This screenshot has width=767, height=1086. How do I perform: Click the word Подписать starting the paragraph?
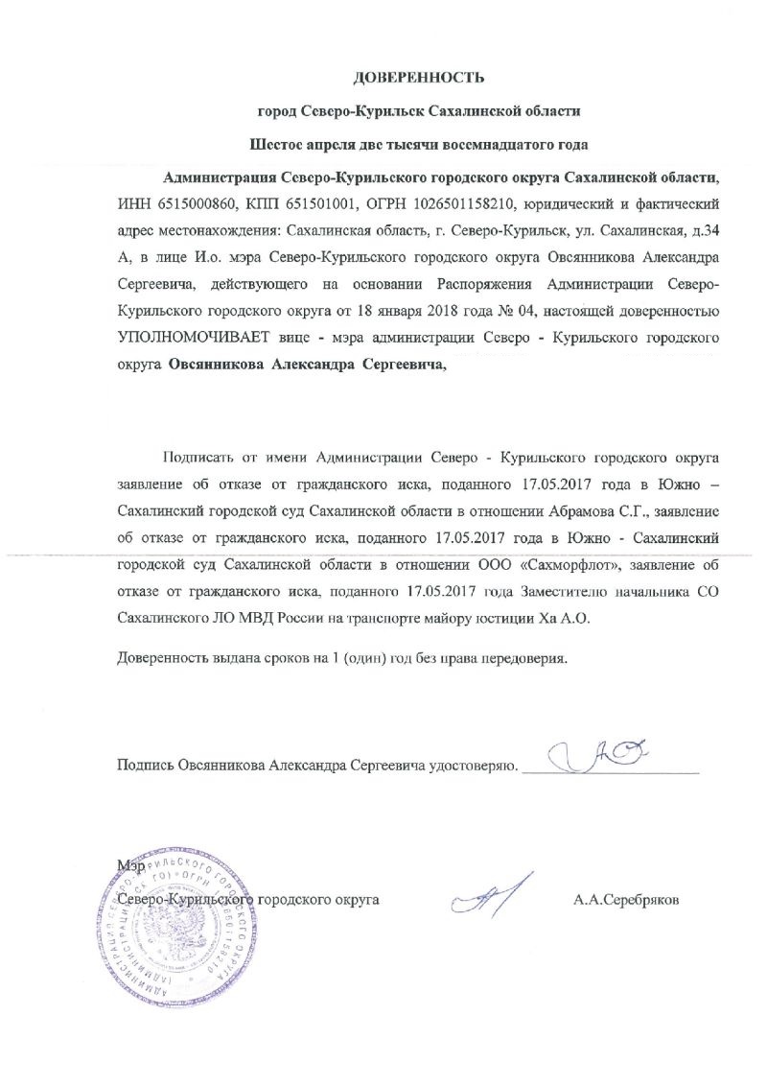(x=198, y=456)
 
